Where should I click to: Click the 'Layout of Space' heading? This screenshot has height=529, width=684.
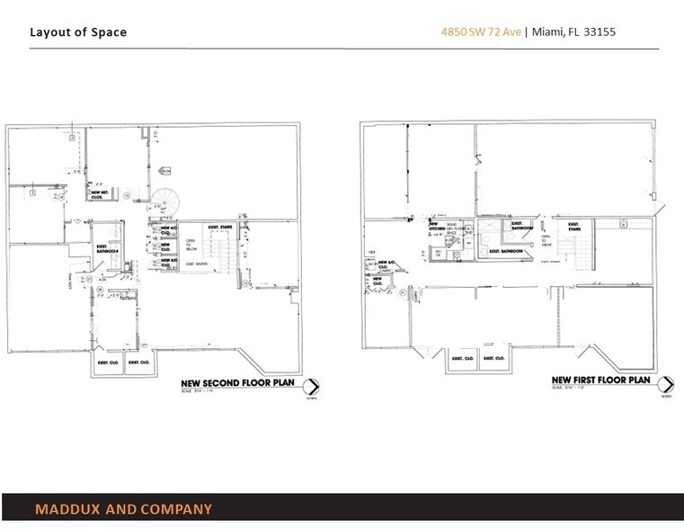pos(78,33)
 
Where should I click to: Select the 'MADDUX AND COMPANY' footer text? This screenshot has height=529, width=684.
pos(124,510)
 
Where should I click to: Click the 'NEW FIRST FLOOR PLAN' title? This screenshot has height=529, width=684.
pos(600,380)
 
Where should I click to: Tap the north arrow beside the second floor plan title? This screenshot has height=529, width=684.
pos(312,387)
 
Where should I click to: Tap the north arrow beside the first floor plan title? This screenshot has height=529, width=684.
pos(665,387)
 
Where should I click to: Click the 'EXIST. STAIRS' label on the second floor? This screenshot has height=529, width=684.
pos(221,228)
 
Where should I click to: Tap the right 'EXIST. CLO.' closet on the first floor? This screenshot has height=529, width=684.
pos(493,358)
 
